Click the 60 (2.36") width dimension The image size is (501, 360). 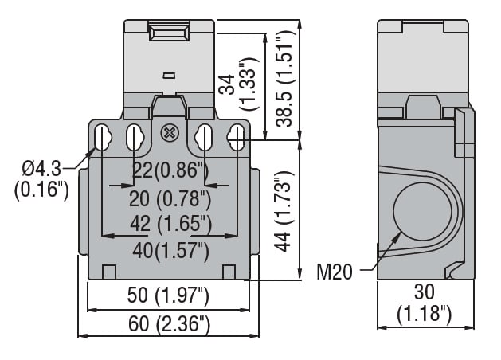pyautogui.click(x=169, y=324)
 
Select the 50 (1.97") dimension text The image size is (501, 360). pyautogui.click(x=169, y=297)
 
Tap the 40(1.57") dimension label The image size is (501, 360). pyautogui.click(x=170, y=250)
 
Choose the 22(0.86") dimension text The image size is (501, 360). pyautogui.click(x=170, y=170)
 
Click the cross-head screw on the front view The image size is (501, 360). pyautogui.click(x=169, y=133)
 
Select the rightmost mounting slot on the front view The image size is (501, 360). pyautogui.click(x=236, y=136)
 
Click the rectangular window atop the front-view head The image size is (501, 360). pyautogui.click(x=169, y=34)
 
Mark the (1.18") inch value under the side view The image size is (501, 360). pyautogui.click(x=425, y=314)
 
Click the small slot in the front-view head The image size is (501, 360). pyautogui.click(x=169, y=76)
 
